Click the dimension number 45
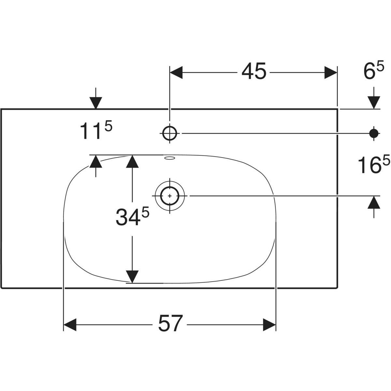254,72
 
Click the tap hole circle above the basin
169,133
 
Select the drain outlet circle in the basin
170,195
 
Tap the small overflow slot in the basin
170,159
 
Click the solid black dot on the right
374,133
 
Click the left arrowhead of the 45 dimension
176,72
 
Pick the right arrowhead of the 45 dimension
330,72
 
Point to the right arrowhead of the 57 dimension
269,325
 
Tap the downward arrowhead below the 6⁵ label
374,103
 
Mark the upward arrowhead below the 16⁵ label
374,202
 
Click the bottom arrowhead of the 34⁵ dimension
132,267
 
